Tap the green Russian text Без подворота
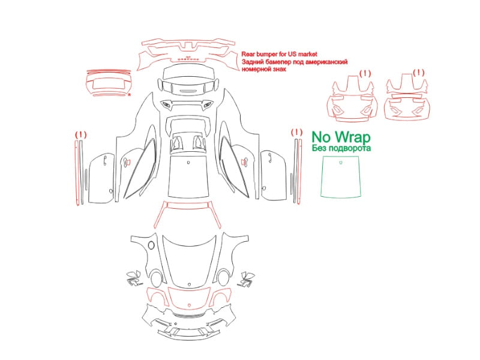(x=341, y=148)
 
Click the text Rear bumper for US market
(x=279, y=54)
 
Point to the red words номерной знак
(x=264, y=69)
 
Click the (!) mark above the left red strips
(x=81, y=134)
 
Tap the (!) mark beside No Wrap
(x=296, y=133)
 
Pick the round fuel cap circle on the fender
(x=151, y=245)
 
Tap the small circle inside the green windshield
(x=341, y=163)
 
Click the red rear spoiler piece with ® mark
(x=109, y=83)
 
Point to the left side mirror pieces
(x=134, y=278)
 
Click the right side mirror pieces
(x=246, y=278)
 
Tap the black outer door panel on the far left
(x=101, y=178)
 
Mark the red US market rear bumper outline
(x=188, y=55)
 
